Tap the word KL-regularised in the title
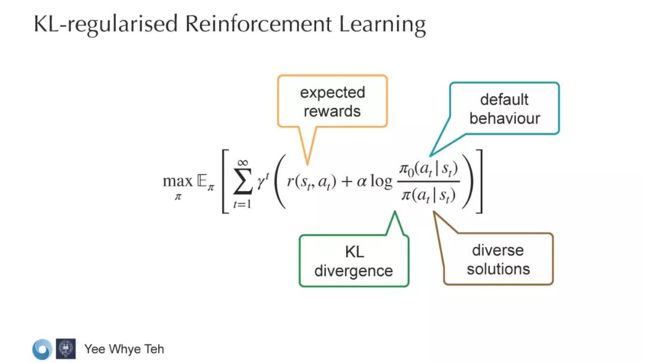pyautogui.click(x=105, y=24)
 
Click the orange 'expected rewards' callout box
pyautogui.click(x=332, y=101)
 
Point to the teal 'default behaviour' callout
pyautogui.click(x=504, y=109)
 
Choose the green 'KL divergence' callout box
pyautogui.click(x=354, y=261)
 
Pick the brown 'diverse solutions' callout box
pyautogui.click(x=498, y=259)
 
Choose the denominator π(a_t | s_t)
pyautogui.click(x=428, y=194)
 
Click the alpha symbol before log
pyautogui.click(x=361, y=180)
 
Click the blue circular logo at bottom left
pyautogui.click(x=42, y=349)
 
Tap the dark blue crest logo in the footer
pyautogui.click(x=66, y=349)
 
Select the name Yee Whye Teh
pyautogui.click(x=124, y=349)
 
